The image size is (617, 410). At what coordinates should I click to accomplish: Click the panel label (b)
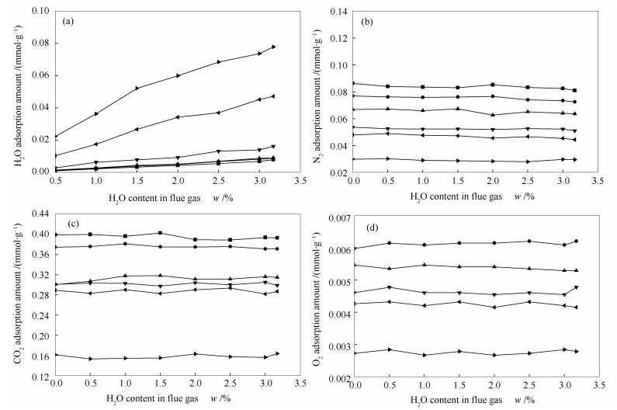pos(371,22)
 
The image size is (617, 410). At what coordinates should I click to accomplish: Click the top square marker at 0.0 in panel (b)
pos(354,83)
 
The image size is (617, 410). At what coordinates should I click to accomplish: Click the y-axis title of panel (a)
pos(9,90)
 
